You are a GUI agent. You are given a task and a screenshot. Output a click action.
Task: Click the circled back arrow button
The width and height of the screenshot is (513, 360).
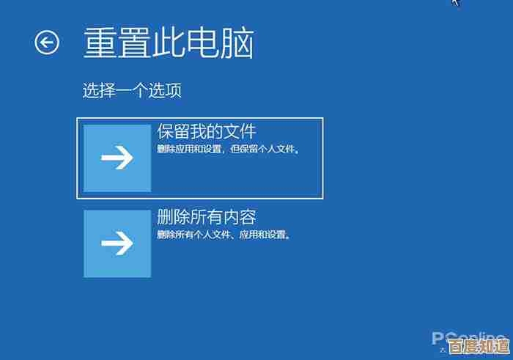pyautogui.click(x=47, y=43)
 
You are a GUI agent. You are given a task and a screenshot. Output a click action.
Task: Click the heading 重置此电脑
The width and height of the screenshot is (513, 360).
pyautogui.click(x=168, y=43)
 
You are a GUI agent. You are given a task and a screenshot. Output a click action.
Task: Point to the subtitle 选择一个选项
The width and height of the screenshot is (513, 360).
pyautogui.click(x=132, y=91)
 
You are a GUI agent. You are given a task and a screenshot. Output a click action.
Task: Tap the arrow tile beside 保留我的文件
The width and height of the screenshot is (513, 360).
pyautogui.click(x=117, y=158)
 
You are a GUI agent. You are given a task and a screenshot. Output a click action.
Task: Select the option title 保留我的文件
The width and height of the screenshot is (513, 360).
pyautogui.click(x=207, y=132)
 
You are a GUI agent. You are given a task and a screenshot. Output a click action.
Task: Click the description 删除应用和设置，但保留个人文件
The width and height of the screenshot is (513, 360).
pyautogui.click(x=229, y=150)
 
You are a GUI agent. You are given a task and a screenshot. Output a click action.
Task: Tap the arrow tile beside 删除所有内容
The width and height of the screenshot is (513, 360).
pyautogui.click(x=117, y=243)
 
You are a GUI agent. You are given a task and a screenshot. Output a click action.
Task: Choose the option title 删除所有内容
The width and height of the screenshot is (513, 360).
pyautogui.click(x=207, y=217)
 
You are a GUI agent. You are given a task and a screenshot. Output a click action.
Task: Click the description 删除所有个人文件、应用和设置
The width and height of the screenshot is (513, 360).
pyautogui.click(x=224, y=235)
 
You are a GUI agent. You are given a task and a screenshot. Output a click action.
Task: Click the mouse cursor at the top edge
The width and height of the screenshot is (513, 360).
pyautogui.click(x=455, y=2)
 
